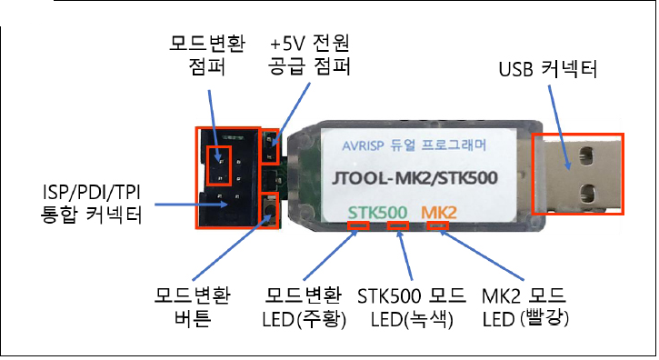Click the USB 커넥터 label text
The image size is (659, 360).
click(x=547, y=69)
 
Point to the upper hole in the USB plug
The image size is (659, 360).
click(x=587, y=155)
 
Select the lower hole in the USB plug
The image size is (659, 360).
click(x=587, y=195)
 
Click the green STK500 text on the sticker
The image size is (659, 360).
click(x=378, y=213)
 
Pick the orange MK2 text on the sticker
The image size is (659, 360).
click(x=439, y=213)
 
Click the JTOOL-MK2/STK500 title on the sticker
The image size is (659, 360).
click(x=414, y=178)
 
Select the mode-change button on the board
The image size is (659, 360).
click(x=269, y=210)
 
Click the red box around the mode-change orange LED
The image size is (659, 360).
click(x=358, y=225)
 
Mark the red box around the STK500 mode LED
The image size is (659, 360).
click(x=397, y=225)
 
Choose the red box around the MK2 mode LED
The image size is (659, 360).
click(x=437, y=225)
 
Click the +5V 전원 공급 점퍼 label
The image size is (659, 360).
click(x=310, y=55)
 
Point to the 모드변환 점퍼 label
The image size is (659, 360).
click(x=207, y=55)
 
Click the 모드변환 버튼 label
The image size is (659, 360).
click(x=192, y=307)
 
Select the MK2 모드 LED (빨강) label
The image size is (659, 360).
click(x=524, y=307)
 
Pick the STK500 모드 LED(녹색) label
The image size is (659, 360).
click(x=412, y=307)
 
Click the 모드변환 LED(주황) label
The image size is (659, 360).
click(x=303, y=307)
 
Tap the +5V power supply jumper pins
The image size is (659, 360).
click(x=270, y=147)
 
